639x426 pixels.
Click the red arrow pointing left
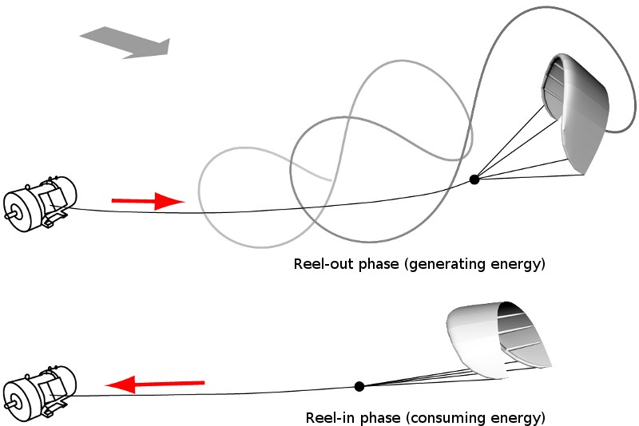point(156,385)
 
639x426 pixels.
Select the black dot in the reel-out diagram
point(474,179)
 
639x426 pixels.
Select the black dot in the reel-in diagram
point(359,386)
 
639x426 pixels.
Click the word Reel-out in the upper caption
point(320,264)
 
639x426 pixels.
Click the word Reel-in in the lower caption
point(328,417)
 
